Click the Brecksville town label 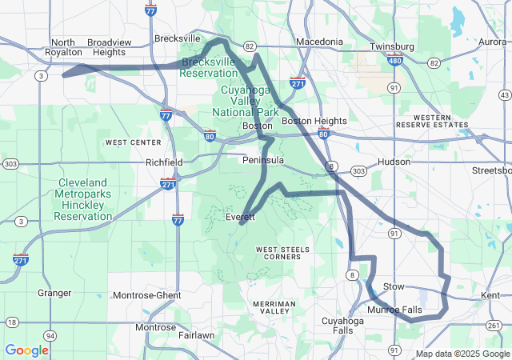coord(178,38)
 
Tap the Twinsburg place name coord(393,46)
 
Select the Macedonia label coord(319,42)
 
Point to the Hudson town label coord(394,161)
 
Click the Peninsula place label coord(263,160)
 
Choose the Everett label coord(240,217)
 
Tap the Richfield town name coord(164,162)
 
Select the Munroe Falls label coord(394,310)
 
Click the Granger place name coord(54,293)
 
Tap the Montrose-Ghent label coord(146,295)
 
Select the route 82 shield coord(250,46)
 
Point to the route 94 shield coord(50,335)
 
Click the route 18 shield coord(11,322)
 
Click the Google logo coord(27,350)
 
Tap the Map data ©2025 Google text coord(462,354)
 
